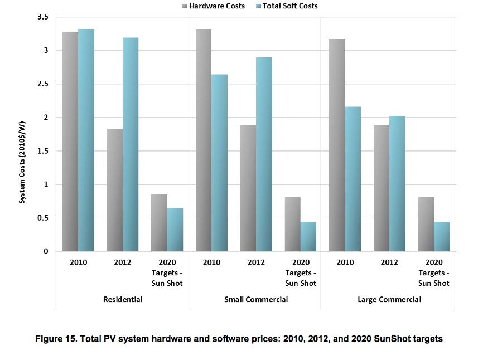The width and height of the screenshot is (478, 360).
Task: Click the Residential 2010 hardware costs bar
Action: click(70, 142)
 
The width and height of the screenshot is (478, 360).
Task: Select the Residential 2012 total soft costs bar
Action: click(131, 144)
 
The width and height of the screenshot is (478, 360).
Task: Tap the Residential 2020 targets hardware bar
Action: click(159, 223)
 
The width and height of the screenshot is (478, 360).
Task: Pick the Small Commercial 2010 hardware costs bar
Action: click(204, 140)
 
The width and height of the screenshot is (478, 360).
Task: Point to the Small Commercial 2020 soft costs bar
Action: click(308, 236)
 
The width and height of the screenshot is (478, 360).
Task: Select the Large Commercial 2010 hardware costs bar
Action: click(337, 145)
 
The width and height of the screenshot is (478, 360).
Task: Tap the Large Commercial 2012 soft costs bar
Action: click(397, 183)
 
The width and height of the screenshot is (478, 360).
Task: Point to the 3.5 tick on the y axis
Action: click(42, 17)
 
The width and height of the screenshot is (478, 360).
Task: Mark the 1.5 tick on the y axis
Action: click(42, 151)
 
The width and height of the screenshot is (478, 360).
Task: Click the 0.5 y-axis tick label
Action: click(42, 218)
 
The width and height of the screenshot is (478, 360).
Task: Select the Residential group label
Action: click(123, 299)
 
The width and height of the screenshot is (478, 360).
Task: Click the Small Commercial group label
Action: click(256, 299)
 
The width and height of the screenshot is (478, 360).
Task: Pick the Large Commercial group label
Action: click(389, 299)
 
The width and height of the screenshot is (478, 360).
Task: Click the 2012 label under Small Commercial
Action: click(256, 262)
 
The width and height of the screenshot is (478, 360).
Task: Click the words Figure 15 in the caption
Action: click(58, 339)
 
